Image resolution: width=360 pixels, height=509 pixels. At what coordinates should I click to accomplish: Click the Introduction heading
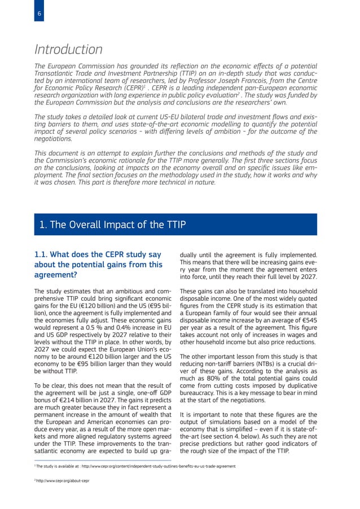68,50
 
